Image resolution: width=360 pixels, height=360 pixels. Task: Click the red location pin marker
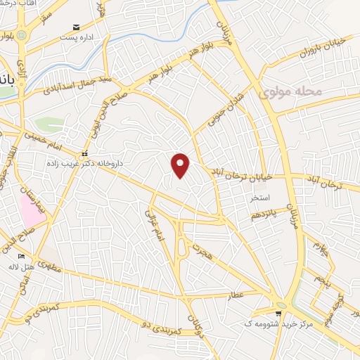pos(181,165)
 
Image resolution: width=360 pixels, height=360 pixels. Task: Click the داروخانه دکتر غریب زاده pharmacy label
pos(91,162)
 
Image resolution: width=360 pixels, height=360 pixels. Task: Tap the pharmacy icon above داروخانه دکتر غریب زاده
pos(84,153)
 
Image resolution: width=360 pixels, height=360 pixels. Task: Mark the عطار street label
pos(236,295)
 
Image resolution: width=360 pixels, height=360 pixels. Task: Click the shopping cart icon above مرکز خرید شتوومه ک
pos(281,314)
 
